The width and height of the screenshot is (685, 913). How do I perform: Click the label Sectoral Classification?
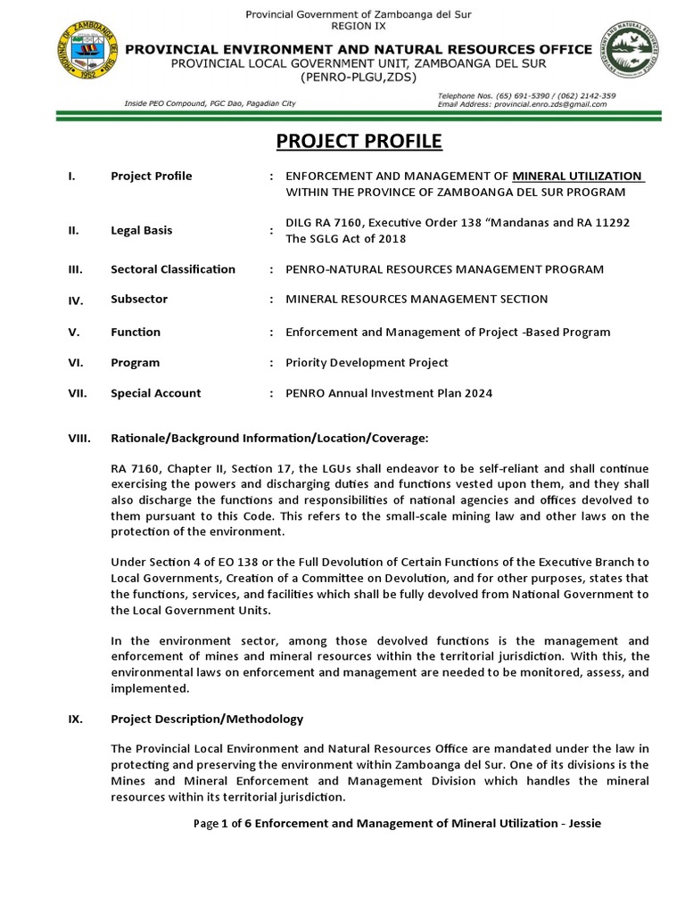tap(172, 269)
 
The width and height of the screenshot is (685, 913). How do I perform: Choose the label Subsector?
tap(138, 300)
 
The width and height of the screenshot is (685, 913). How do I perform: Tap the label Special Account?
tap(155, 393)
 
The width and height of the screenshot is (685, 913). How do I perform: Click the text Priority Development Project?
tap(367, 363)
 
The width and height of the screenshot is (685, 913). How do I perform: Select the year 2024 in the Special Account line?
tap(475, 393)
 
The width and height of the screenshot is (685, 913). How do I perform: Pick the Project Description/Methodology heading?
tap(207, 719)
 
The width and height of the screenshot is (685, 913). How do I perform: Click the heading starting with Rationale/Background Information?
tap(268, 438)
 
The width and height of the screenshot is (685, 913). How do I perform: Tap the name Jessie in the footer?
tap(583, 824)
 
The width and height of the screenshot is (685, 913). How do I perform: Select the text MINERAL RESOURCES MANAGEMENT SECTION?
tap(416, 300)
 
